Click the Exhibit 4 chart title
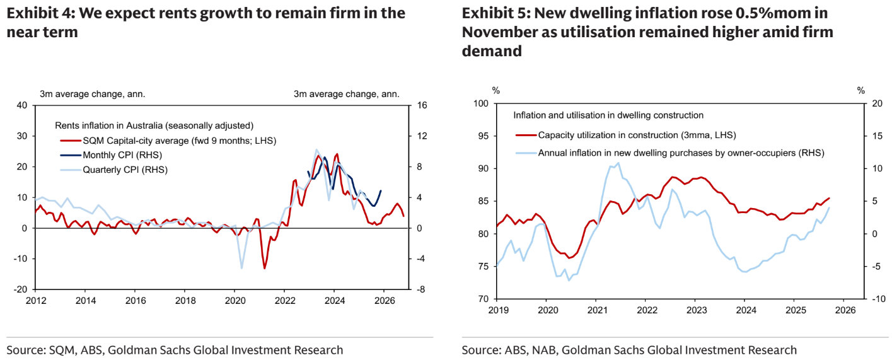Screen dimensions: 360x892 (206, 22)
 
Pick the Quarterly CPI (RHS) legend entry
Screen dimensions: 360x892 (125, 169)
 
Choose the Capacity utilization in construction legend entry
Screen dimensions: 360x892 (636, 135)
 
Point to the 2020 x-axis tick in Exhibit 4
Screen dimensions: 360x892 (235, 301)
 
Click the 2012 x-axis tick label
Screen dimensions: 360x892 (35, 301)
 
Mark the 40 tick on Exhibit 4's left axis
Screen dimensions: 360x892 (22, 105)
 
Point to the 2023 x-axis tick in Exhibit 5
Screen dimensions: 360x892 (696, 310)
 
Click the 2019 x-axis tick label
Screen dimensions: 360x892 (497, 310)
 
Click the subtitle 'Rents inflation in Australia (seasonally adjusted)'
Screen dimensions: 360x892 (154, 125)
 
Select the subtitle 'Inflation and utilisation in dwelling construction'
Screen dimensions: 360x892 (608, 115)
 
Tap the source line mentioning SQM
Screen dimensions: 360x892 (175, 349)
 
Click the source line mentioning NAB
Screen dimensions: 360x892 (628, 349)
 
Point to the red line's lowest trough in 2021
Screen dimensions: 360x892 (264, 269)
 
